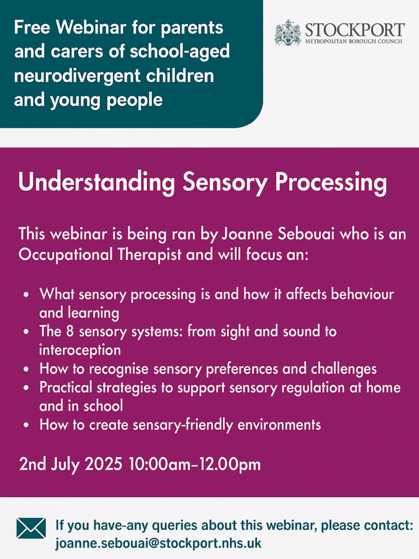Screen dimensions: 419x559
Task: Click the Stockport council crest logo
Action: (288, 33)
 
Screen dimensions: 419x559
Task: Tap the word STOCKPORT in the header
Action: (355, 30)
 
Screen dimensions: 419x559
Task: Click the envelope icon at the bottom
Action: (31, 528)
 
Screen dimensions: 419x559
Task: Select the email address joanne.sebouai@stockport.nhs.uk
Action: (158, 543)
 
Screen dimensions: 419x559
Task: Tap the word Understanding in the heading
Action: (97, 182)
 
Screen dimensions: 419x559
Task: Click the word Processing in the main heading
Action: (331, 182)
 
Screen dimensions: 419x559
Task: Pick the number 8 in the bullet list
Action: (70, 331)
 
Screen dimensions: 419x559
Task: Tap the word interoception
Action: (80, 350)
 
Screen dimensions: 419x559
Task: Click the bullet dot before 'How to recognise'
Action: (26, 370)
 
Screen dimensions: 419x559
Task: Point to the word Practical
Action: (66, 387)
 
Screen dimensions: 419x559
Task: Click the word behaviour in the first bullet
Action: (362, 294)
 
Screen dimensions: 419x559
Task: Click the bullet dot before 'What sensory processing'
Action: (26, 295)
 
